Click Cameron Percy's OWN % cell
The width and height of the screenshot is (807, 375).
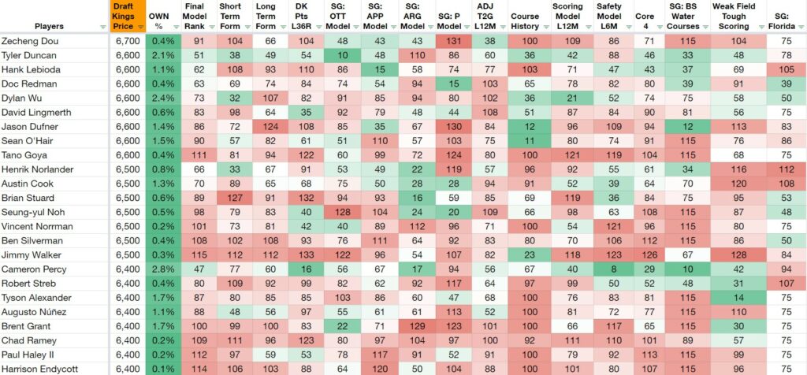pos(163,269)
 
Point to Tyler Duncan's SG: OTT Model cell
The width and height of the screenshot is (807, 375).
pos(343,55)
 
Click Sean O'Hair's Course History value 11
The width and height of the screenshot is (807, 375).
pos(524,141)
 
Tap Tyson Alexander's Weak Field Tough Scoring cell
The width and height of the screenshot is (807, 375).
pos(738,297)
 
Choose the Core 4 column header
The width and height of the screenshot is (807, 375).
pos(645,17)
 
